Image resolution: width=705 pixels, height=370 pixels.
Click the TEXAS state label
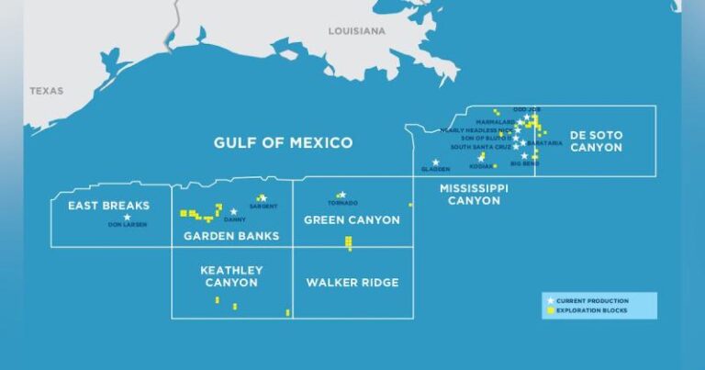click(x=46, y=91)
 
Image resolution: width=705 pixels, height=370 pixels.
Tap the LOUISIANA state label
click(x=357, y=30)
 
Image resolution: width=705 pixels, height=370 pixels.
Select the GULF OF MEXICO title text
click(x=283, y=142)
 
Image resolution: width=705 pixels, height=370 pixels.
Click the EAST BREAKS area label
click(x=108, y=206)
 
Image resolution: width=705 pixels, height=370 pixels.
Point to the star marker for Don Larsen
click(x=128, y=217)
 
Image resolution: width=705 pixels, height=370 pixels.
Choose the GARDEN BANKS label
click(x=231, y=236)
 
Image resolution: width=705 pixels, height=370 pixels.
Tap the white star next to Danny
click(x=234, y=212)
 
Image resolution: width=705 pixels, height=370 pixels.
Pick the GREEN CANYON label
click(x=352, y=220)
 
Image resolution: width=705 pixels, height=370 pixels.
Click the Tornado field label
click(x=341, y=203)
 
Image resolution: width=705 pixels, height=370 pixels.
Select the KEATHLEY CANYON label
click(x=231, y=276)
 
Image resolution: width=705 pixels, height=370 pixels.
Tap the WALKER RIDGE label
click(x=352, y=283)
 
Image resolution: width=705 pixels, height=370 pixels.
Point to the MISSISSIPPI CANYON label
click(x=473, y=194)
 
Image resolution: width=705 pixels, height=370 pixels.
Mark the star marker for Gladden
click(x=435, y=163)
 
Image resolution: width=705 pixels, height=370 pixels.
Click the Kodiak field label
click(x=480, y=166)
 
